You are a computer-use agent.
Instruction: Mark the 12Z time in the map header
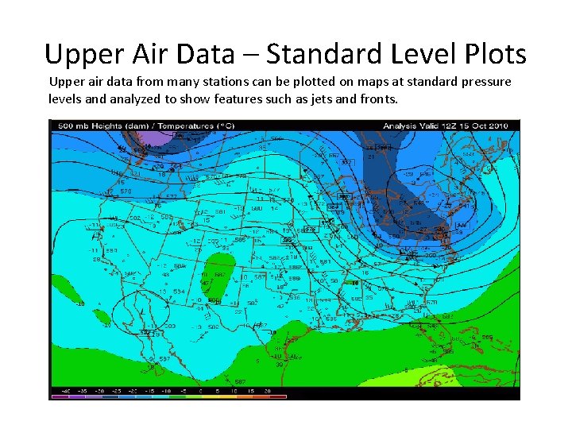coord(454,125)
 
